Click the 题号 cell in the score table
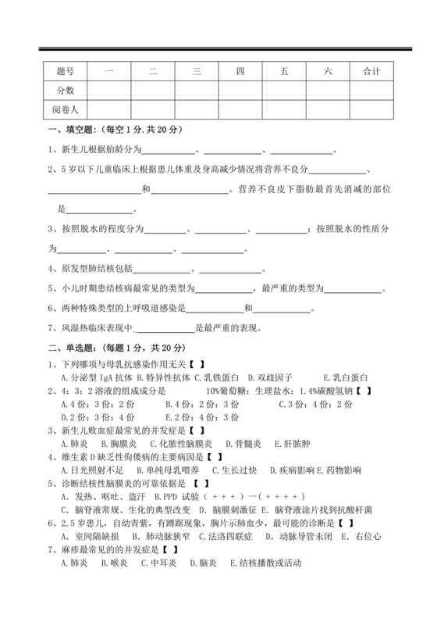tap(65, 72)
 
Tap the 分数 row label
tap(65, 91)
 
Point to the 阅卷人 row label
tap(65, 109)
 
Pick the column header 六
tap(328, 72)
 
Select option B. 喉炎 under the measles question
tap(119, 606)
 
